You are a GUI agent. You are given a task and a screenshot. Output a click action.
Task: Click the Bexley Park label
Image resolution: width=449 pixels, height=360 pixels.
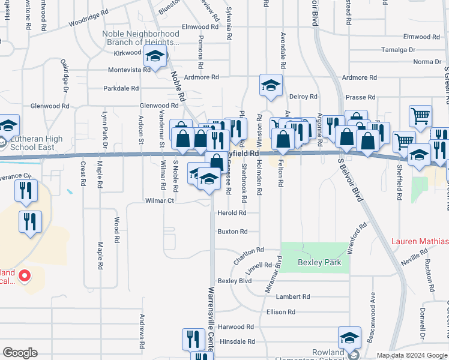click(x=319, y=263)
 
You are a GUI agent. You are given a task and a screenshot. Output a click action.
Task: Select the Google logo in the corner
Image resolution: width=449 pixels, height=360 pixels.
click(x=20, y=352)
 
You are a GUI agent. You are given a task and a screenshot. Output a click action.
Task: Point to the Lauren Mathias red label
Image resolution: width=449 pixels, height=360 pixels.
click(x=420, y=242)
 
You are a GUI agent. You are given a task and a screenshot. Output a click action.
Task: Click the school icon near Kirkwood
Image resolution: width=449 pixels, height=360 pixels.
click(x=156, y=58)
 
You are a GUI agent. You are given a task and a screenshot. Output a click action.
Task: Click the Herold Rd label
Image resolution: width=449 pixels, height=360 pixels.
click(x=232, y=213)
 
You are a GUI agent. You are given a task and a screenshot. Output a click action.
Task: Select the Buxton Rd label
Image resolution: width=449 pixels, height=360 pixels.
click(x=232, y=232)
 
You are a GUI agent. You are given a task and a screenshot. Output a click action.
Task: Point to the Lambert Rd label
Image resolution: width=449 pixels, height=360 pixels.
click(x=292, y=296)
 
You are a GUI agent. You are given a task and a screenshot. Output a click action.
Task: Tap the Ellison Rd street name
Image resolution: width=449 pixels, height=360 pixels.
click(x=281, y=312)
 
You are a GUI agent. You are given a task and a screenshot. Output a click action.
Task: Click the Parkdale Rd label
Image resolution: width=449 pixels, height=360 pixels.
click(x=121, y=88)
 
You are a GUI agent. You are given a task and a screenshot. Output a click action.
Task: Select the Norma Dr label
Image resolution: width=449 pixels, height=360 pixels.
click(x=427, y=62)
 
